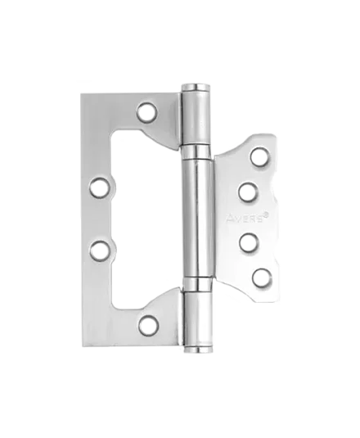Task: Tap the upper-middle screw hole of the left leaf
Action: (100, 187)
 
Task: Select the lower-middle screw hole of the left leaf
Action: (100, 250)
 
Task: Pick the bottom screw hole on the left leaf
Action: (148, 325)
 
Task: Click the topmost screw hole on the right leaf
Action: (260, 156)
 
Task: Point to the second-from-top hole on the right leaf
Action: (249, 192)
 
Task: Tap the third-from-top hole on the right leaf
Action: (249, 243)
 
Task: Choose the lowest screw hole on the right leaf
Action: (263, 278)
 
